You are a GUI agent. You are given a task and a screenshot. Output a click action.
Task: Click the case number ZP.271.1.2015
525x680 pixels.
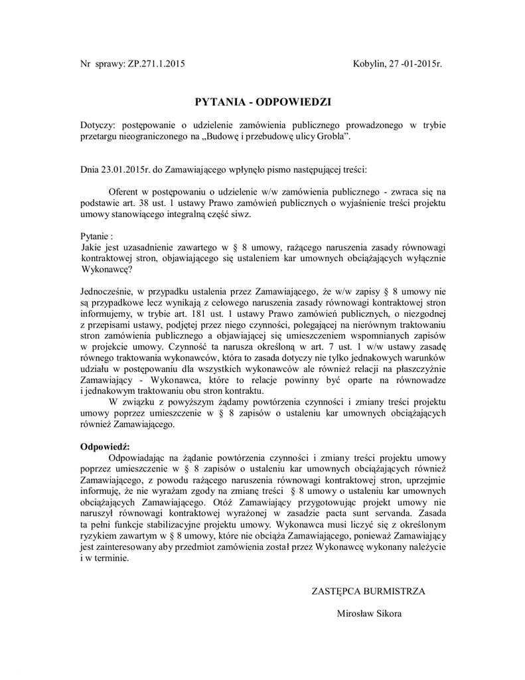tap(153, 64)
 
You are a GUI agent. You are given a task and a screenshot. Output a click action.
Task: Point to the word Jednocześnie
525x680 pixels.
tap(108, 290)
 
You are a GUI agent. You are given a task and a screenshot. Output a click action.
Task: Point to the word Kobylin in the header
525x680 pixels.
tap(370, 64)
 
